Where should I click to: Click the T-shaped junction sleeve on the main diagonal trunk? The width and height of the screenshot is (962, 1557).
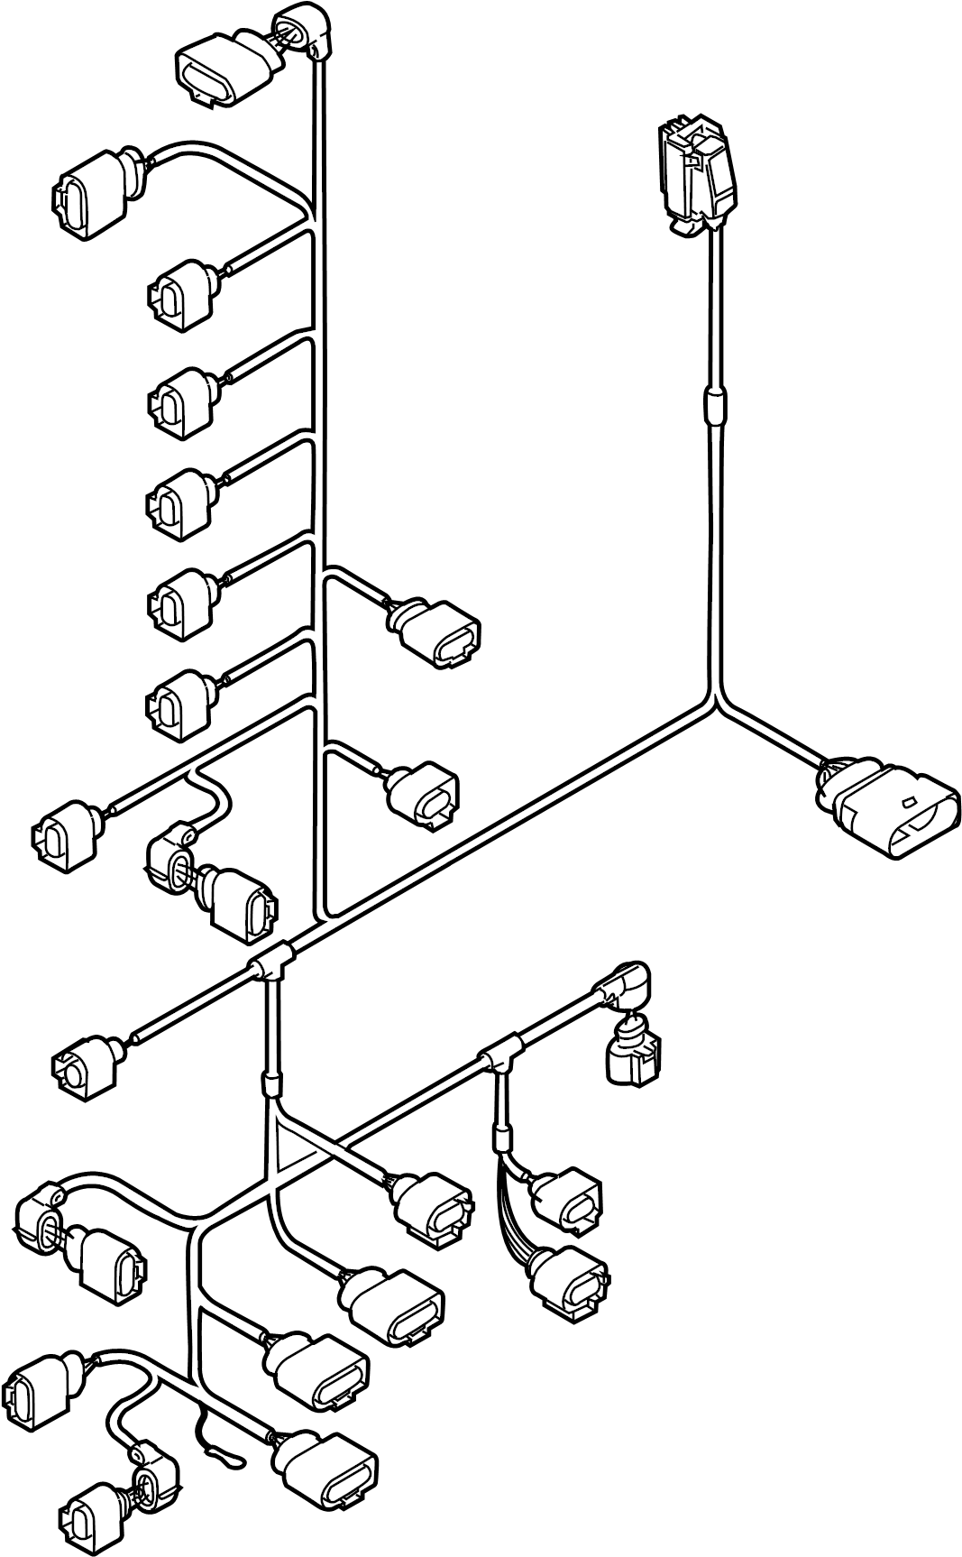pos(270,966)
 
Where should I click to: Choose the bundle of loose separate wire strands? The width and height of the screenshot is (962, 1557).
pos(511,1209)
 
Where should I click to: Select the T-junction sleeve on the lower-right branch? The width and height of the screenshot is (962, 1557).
pos(499,1055)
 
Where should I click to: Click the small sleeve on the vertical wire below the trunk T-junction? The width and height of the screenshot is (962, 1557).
pos(269,1082)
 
